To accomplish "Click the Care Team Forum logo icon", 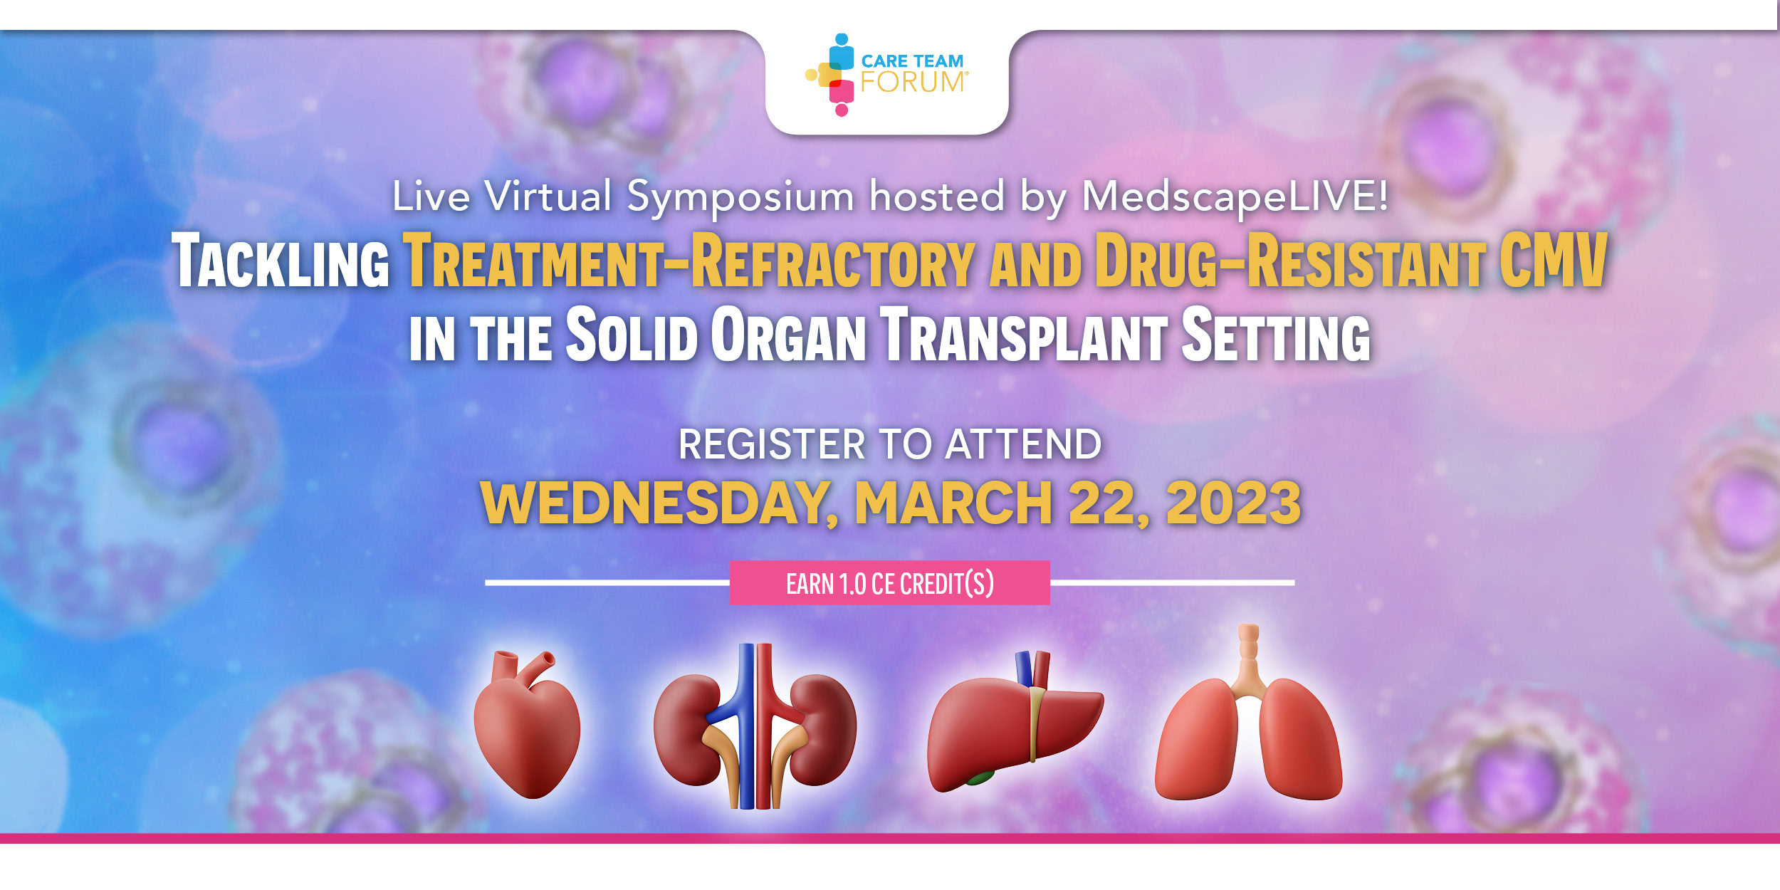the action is (x=831, y=75).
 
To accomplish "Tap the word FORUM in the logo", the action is (x=913, y=83).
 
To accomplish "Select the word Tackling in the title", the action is (x=281, y=261).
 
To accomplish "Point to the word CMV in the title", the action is (x=1554, y=260).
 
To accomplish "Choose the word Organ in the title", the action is (x=789, y=334).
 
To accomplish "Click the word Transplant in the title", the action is (x=1024, y=334).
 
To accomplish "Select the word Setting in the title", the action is (x=1276, y=334).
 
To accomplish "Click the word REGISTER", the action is (x=772, y=444).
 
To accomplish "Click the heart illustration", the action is (x=527, y=724).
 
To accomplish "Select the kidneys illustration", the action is (x=755, y=726).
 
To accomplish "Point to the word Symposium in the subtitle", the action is (x=740, y=197).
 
